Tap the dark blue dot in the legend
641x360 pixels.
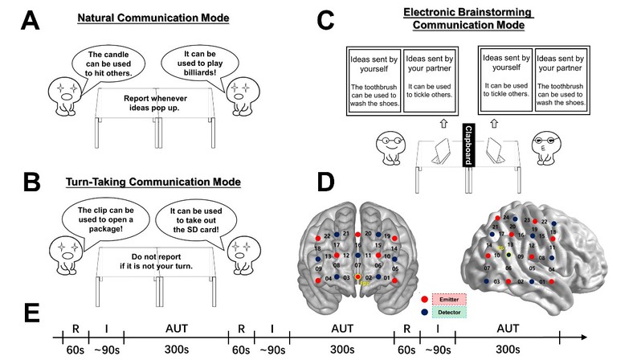424,313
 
